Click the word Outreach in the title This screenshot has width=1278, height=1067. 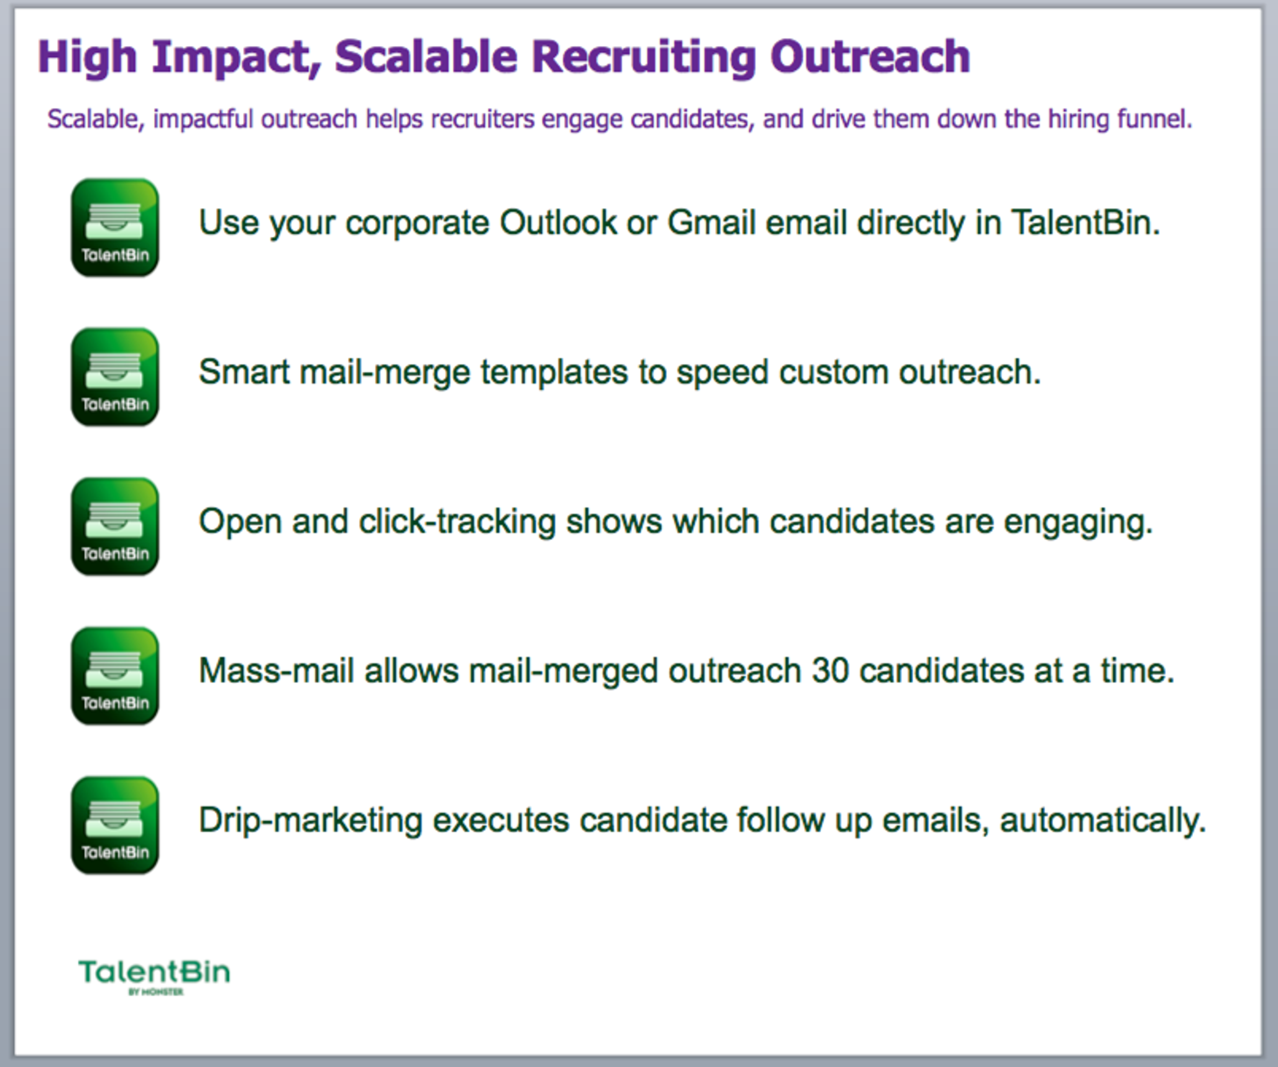[870, 57]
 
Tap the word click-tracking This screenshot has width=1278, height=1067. [457, 522]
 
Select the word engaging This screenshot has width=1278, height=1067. [1078, 522]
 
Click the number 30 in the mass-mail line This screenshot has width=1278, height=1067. [830, 671]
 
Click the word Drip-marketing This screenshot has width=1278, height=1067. [310, 821]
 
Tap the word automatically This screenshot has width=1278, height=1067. [1103, 821]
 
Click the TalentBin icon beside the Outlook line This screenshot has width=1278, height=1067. [115, 228]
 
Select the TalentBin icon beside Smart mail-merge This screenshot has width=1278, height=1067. [115, 377]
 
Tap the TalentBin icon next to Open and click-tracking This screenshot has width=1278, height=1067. [115, 526]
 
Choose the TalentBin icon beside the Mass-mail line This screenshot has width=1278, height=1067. [115, 676]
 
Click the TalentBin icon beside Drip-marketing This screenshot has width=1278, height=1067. [115, 825]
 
